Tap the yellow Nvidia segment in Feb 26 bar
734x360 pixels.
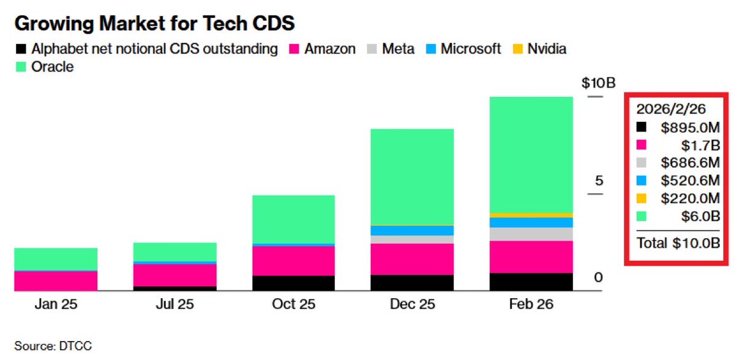[x=531, y=215]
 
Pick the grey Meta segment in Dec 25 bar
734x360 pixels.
[x=412, y=239]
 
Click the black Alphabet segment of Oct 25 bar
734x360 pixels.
[x=293, y=283]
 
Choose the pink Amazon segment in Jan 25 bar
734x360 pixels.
[x=56, y=280]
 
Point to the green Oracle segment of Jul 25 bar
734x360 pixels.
[x=174, y=252]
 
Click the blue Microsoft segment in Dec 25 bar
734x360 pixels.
[x=412, y=230]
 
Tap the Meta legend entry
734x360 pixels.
[x=389, y=48]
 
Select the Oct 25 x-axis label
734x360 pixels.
[x=293, y=304]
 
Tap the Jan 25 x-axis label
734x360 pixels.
[x=56, y=304]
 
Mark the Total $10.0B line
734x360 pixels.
[x=677, y=243]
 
